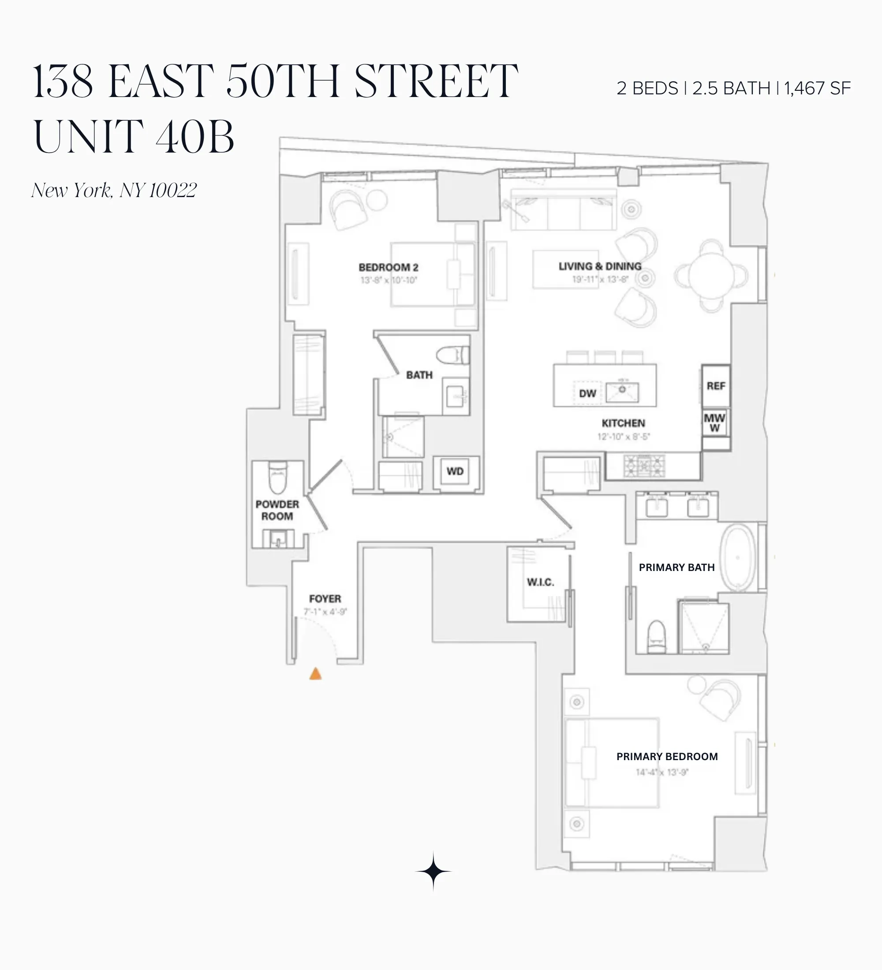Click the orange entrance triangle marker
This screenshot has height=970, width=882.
315,674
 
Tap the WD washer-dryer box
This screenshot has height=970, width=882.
455,471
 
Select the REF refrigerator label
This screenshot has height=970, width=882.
715,386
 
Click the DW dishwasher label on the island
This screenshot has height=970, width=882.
587,394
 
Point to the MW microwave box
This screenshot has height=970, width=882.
714,422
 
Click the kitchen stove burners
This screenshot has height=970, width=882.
644,466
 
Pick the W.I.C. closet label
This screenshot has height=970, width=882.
540,582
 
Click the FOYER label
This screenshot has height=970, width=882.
325,599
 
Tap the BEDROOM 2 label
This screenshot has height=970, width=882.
389,268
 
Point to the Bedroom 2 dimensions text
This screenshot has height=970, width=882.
389,280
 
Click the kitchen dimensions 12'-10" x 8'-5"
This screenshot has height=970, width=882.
623,436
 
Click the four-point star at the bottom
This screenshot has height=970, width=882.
433,871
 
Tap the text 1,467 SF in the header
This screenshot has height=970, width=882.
817,89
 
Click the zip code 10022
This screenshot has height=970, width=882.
172,190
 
